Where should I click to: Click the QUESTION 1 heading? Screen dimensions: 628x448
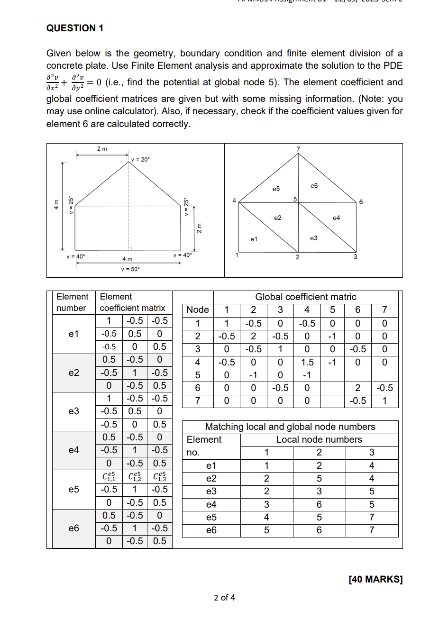pyautogui.click(x=75, y=28)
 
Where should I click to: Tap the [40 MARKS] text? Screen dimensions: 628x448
pyautogui.click(x=375, y=579)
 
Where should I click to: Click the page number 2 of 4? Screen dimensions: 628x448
pyautogui.click(x=224, y=597)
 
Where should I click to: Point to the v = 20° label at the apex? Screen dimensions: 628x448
pyautogui.click(x=140, y=159)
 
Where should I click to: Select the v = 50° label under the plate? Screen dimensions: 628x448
pyautogui.click(x=130, y=269)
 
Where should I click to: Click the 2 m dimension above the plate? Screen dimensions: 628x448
pyautogui.click(x=102, y=149)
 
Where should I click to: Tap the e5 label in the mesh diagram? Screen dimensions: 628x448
pyautogui.click(x=276, y=189)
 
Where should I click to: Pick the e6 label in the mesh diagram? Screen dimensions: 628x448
pyautogui.click(x=314, y=186)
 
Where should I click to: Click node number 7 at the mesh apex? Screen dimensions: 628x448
pyautogui.click(x=298, y=149)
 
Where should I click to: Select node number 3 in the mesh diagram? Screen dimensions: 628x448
pyautogui.click(x=355, y=257)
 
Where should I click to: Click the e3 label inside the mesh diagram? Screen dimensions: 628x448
pyautogui.click(x=313, y=238)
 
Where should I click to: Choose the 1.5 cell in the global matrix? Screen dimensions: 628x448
pyautogui.click(x=307, y=362)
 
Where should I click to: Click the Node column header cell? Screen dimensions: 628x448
pyautogui.click(x=198, y=309)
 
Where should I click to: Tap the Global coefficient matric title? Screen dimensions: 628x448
pyautogui.click(x=305, y=297)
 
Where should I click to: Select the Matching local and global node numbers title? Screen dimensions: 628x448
pyautogui.click(x=290, y=427)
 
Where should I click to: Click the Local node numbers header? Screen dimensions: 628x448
pyautogui.click(x=319, y=439)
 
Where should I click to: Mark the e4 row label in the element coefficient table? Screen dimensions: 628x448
pyautogui.click(x=74, y=450)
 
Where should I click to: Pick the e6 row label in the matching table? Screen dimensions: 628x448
pyautogui.click(x=211, y=530)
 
